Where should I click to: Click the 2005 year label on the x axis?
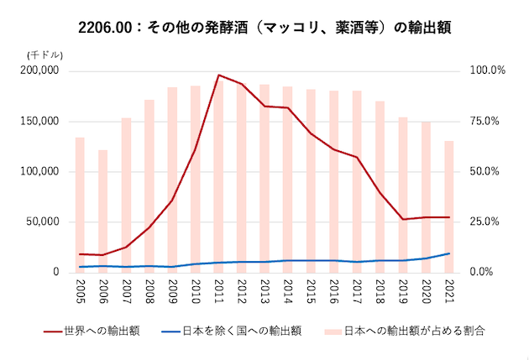(80, 290)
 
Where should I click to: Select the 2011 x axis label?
(218, 290)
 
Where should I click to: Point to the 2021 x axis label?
(449, 290)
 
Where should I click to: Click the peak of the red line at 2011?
(218, 75)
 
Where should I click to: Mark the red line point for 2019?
(403, 219)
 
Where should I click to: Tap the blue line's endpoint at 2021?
(449, 253)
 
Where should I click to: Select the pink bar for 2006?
(102, 210)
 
